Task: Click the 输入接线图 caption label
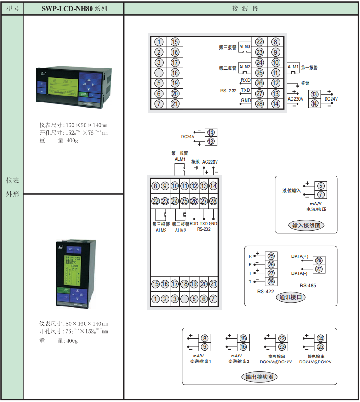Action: coord(306,226)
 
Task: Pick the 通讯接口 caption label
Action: coord(291,297)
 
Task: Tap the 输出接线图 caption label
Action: coord(260,377)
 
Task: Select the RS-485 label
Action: coord(308,285)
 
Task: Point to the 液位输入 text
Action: coord(291,190)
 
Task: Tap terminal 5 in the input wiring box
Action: coord(321,186)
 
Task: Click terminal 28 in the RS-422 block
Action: coord(271,281)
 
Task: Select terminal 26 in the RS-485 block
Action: coord(319,260)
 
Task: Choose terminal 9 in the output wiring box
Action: coord(205,346)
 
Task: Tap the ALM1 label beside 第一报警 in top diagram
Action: coord(293,67)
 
